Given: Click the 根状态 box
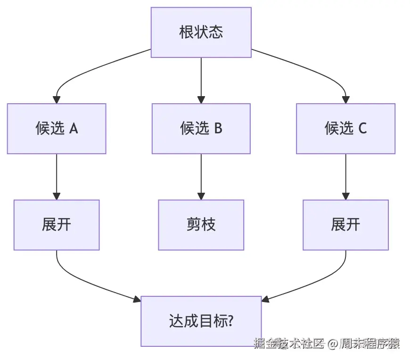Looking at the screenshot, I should [x=201, y=33].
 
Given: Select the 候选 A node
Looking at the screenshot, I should [x=57, y=129].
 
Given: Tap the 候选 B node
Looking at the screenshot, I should [x=201, y=129].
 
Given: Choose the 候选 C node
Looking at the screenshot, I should [x=345, y=129].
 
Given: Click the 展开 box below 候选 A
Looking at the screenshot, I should [x=57, y=225].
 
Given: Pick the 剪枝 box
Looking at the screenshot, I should [x=201, y=225].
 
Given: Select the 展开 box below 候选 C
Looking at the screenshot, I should [x=345, y=225].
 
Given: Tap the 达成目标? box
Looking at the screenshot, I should [x=201, y=321].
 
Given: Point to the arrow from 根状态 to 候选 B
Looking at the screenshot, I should [x=201, y=80].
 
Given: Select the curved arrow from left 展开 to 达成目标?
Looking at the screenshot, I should [x=90, y=283].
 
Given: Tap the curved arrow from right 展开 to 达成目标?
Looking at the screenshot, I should [x=313, y=283].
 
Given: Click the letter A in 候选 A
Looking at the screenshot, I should [x=74, y=129].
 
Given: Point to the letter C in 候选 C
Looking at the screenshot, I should [x=362, y=129].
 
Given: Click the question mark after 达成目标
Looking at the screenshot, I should [x=231, y=321].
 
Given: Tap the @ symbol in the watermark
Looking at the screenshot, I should [x=333, y=344].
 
